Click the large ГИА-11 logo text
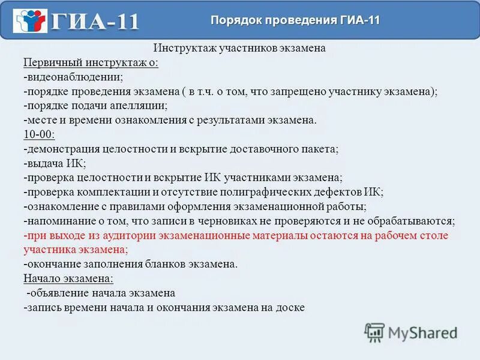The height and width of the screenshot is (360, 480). (x=95, y=22)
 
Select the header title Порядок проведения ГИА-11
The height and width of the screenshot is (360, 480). (x=295, y=20)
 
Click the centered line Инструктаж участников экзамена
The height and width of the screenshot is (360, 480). (x=239, y=49)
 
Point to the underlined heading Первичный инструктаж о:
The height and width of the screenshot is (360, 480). (x=91, y=63)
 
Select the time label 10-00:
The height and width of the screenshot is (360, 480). (x=39, y=134)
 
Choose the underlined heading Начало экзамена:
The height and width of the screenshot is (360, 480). (x=68, y=278)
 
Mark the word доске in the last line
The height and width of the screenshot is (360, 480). (x=291, y=308)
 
